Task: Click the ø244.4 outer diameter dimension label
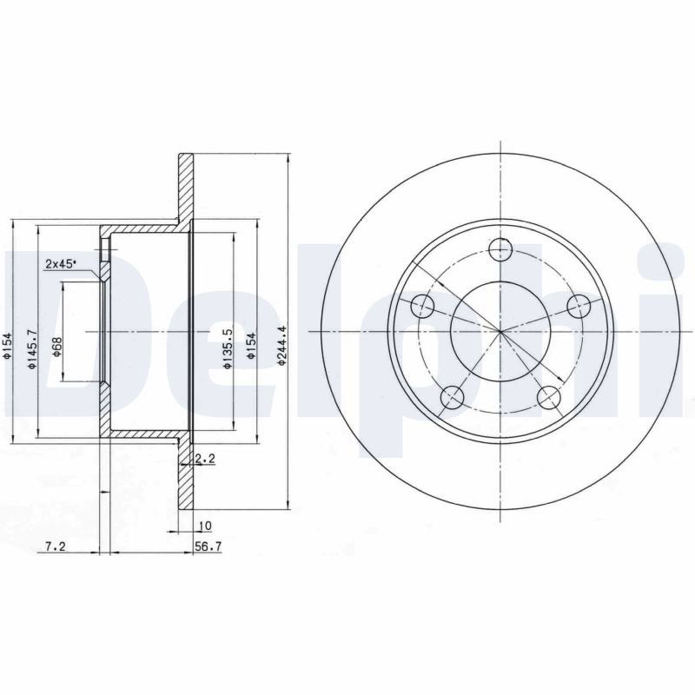(281, 346)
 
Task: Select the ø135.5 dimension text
(227, 348)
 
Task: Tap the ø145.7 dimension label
(31, 349)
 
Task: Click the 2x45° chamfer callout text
(60, 264)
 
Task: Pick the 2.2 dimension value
(205, 460)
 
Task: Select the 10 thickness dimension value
(206, 526)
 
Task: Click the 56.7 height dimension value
(208, 547)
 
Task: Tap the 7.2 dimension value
(56, 547)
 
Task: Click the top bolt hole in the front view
(500, 249)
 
